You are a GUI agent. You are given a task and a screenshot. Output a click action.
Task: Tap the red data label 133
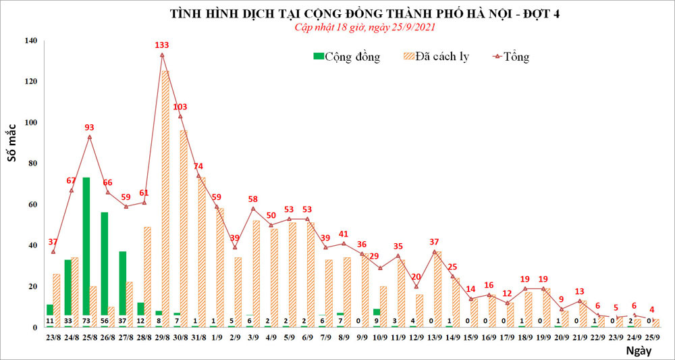pos(162,45)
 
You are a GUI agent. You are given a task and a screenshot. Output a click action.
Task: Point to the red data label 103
pos(180,107)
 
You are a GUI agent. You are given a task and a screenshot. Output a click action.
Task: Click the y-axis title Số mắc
pos(12,162)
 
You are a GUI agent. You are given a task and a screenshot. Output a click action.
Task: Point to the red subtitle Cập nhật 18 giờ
pos(365,27)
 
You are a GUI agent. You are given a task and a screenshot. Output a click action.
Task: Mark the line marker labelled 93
pos(90,136)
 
